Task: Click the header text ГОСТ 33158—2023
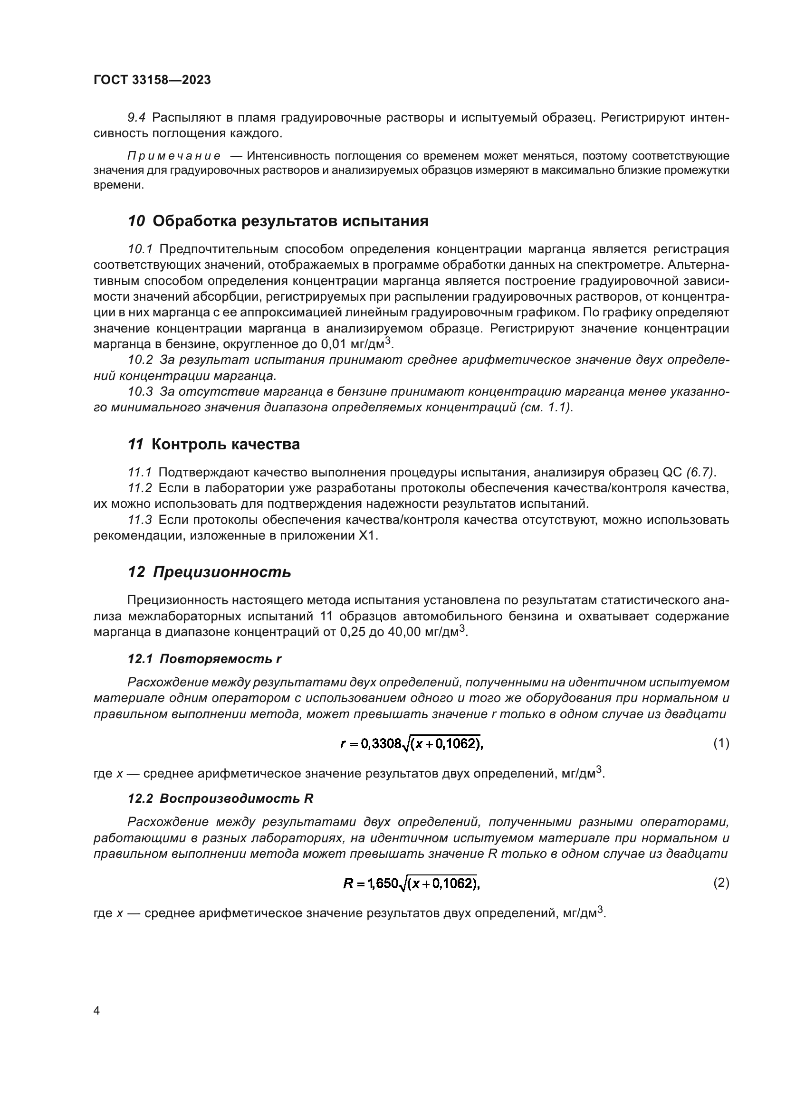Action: (152, 80)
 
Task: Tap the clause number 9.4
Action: (136, 118)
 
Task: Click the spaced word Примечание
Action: (174, 156)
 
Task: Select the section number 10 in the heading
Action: (136, 221)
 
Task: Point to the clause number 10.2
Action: (140, 360)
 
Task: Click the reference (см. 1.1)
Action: (546, 408)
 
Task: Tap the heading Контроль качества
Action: (226, 444)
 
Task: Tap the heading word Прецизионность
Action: (222, 572)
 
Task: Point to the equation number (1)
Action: (721, 743)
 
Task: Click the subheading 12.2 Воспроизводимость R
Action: (220, 798)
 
